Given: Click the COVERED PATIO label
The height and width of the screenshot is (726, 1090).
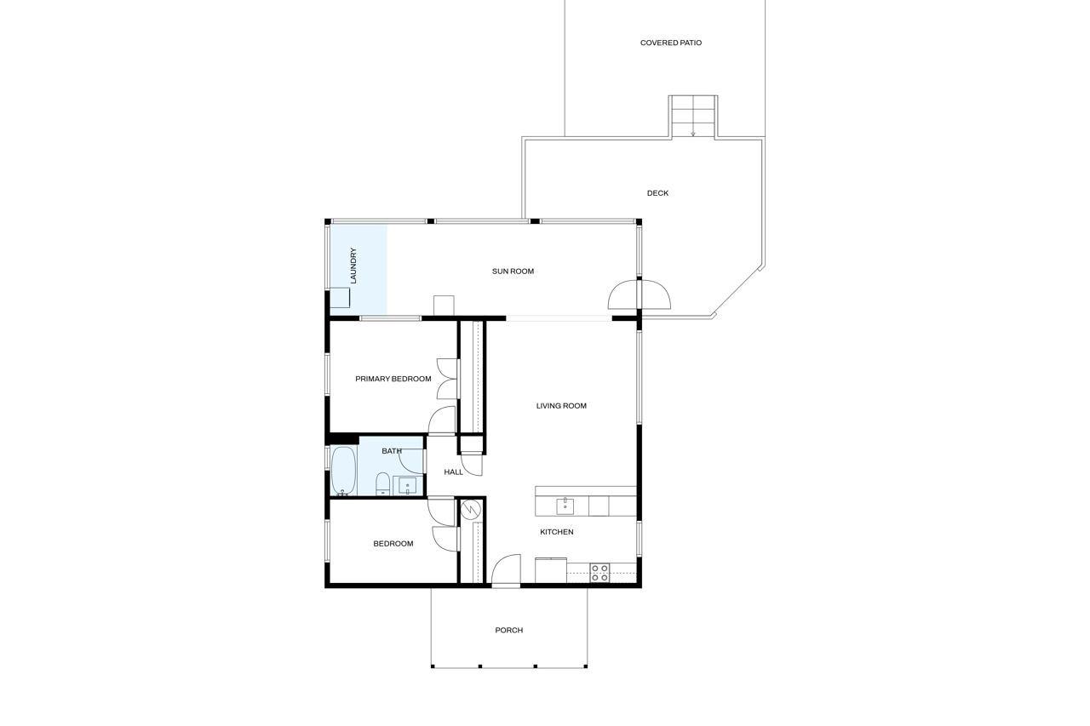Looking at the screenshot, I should point(671,43).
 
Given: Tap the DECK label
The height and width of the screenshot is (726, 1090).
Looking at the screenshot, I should point(657,193).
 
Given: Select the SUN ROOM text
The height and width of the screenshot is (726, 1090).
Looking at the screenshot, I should point(513,272).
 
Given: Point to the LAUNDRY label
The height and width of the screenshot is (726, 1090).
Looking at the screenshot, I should point(353,266).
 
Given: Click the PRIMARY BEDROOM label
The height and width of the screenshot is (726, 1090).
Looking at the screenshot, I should point(393,379).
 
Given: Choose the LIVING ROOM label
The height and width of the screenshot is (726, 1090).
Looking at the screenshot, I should point(561,406).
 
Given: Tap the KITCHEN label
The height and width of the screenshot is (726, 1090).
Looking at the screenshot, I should point(556,532).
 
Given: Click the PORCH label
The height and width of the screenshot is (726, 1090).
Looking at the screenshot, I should point(508,631).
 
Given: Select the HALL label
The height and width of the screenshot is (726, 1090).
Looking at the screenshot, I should point(453,472).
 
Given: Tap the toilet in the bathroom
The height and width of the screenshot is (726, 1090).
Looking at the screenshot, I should point(382,484).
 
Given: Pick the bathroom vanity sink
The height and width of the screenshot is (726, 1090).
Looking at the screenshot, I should point(407,486).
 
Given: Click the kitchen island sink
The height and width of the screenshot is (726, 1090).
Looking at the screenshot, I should point(565,506).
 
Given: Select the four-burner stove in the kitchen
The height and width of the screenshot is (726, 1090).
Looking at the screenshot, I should point(599,573).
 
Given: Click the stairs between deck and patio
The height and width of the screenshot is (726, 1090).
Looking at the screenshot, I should point(693,116).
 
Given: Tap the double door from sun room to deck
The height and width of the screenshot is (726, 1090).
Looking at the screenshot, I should point(639,294).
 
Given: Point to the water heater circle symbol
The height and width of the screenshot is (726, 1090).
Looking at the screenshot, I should point(471,510).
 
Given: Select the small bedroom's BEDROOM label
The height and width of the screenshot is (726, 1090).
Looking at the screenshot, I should point(393,544).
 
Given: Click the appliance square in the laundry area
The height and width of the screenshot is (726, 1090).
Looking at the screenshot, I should point(340,298).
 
